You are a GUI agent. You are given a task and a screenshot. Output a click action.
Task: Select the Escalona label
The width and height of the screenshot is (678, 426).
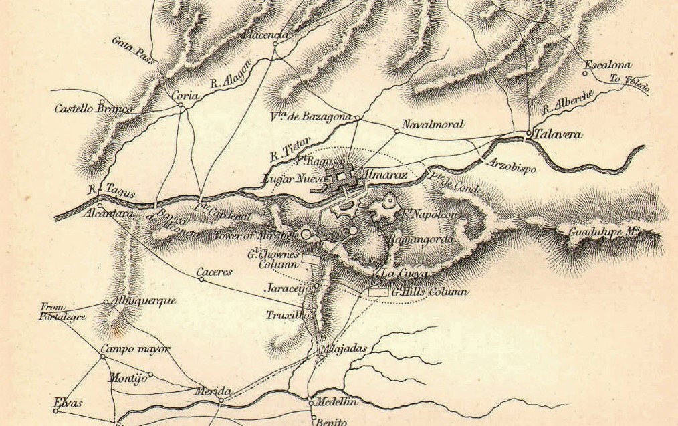(608, 66)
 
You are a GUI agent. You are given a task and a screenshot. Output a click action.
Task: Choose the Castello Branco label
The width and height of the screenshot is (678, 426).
(90, 107)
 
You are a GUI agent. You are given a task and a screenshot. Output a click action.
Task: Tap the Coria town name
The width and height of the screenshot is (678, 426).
(185, 96)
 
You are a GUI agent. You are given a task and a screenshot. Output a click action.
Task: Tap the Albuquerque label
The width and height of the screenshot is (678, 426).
(144, 301)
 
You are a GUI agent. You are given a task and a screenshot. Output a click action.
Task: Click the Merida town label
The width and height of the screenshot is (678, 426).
(215, 391)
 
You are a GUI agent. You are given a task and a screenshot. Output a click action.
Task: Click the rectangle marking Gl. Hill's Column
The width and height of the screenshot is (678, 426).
(378, 292)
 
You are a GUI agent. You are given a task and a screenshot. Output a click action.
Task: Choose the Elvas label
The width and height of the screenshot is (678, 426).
(68, 403)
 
